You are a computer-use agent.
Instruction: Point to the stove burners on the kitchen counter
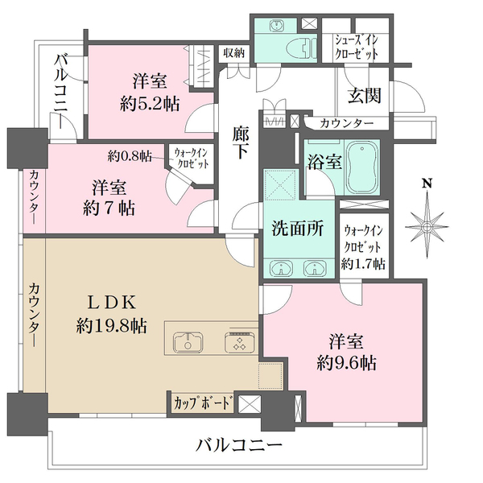click(238, 341)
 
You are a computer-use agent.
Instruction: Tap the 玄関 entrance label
click(364, 95)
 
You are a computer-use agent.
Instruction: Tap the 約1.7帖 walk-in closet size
click(363, 263)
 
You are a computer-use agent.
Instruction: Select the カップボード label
click(202, 402)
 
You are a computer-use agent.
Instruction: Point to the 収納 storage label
click(234, 52)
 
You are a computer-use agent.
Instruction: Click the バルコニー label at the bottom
click(239, 445)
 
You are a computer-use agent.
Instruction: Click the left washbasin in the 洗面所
click(279, 268)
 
